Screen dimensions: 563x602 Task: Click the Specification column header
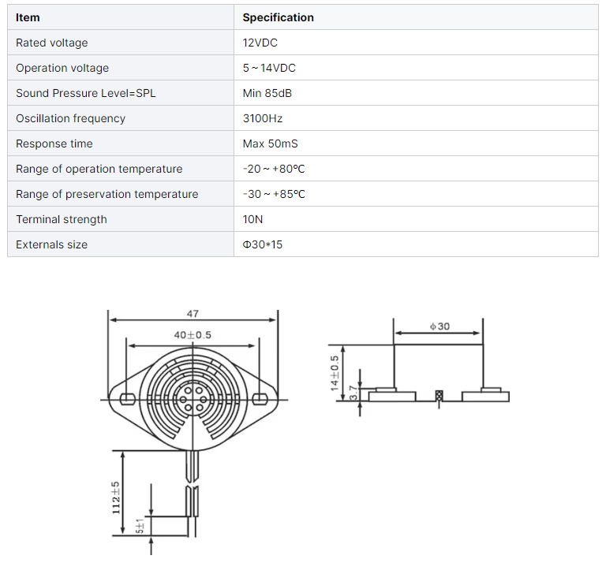click(x=278, y=17)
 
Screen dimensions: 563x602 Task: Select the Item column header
click(x=28, y=17)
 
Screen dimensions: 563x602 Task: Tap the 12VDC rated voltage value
click(x=260, y=43)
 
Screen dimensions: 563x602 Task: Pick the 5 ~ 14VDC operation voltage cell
click(x=269, y=68)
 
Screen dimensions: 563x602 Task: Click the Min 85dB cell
click(x=267, y=93)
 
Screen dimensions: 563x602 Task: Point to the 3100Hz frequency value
click(x=263, y=118)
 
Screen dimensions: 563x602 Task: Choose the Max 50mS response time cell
click(x=271, y=144)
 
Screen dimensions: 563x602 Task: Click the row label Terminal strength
click(x=62, y=219)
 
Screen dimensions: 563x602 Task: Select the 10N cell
click(x=253, y=219)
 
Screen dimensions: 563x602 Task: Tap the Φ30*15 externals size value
click(x=263, y=244)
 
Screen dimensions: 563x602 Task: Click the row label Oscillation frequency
click(x=70, y=118)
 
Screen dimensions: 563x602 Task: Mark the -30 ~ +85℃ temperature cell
click(x=275, y=194)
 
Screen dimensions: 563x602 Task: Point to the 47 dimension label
click(x=193, y=314)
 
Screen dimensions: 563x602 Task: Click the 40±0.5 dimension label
click(x=193, y=335)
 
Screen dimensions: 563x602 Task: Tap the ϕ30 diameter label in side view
click(x=439, y=326)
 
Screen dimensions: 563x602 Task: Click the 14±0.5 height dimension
click(x=335, y=372)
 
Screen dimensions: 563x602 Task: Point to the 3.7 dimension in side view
click(x=353, y=390)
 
